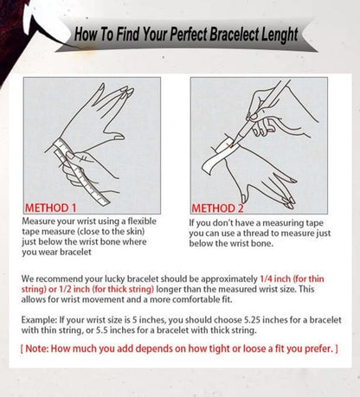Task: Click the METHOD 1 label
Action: [50, 208]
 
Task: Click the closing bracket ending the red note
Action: [336, 348]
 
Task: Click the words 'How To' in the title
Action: [92, 35]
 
